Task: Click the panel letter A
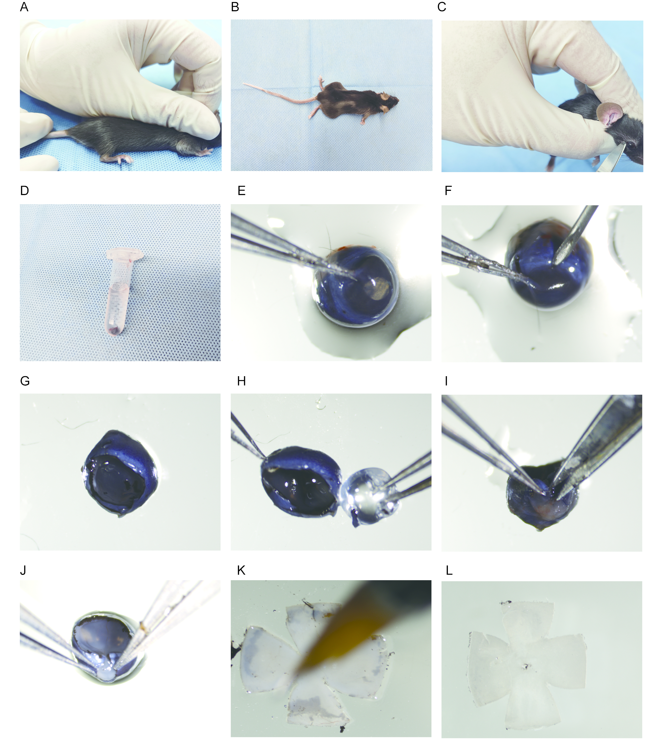point(24,7)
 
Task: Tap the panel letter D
point(24,191)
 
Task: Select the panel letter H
point(241,381)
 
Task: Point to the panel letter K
point(241,570)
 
